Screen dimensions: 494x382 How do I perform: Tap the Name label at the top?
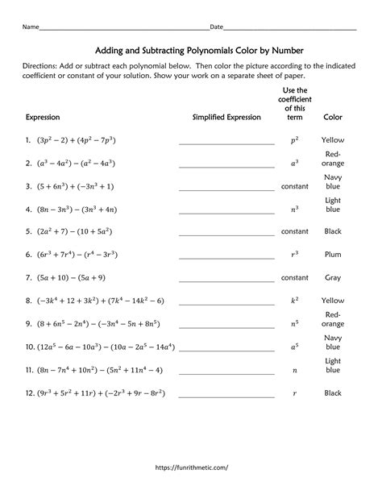click(x=31, y=27)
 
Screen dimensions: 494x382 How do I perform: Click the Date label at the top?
click(x=216, y=27)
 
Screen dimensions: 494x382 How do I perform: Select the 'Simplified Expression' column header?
click(x=226, y=118)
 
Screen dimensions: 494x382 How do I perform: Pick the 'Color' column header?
click(x=333, y=118)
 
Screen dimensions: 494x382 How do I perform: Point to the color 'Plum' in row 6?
click(x=333, y=254)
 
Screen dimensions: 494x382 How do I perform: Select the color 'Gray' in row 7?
click(x=333, y=277)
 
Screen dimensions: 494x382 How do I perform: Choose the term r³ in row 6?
click(x=294, y=254)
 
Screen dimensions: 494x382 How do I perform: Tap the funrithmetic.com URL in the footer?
click(x=191, y=467)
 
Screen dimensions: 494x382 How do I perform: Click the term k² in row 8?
click(x=294, y=301)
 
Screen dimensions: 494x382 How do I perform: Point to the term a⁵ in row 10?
click(x=294, y=347)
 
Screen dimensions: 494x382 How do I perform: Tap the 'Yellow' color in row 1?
click(x=333, y=140)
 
